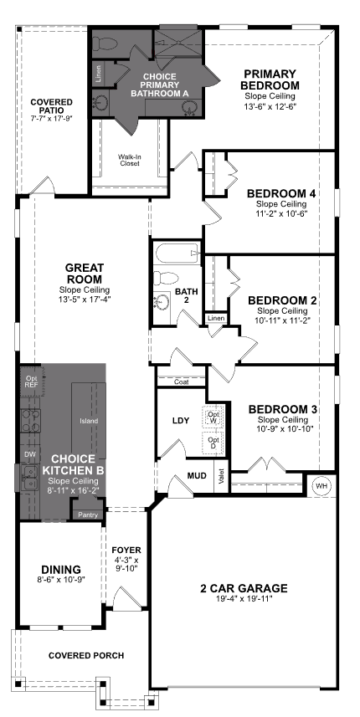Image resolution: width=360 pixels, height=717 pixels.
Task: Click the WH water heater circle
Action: point(322,486)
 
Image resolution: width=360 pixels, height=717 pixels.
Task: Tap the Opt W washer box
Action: point(213,417)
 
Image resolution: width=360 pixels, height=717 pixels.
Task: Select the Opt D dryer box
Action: point(213,443)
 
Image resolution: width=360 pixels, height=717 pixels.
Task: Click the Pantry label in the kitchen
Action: point(88,515)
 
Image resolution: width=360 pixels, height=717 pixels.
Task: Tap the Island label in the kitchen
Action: point(88,421)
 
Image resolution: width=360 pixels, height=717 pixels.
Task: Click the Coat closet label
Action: point(182,382)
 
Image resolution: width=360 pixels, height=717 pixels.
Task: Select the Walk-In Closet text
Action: point(130,160)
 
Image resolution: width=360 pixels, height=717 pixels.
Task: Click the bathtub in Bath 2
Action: point(177,253)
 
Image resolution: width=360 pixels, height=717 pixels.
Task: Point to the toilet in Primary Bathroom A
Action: point(105,44)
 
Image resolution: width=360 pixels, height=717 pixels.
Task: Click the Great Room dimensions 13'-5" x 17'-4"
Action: point(85,299)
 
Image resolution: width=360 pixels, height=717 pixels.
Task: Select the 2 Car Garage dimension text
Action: point(244,599)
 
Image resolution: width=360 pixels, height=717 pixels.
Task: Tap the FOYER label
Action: point(126,551)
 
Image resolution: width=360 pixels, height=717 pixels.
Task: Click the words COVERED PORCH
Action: point(86,656)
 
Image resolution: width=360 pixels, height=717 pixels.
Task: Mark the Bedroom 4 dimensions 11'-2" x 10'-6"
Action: point(281,213)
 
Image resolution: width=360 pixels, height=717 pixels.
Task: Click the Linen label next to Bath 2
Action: point(215,318)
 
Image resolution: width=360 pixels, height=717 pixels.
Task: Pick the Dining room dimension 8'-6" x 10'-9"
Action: point(61,579)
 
